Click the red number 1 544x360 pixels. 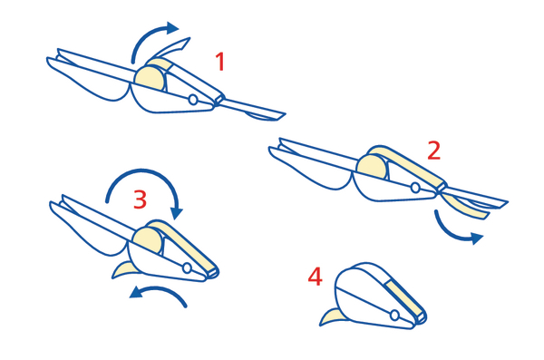(220, 62)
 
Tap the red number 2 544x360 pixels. (434, 151)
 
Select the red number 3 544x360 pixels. (141, 199)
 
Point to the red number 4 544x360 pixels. (315, 277)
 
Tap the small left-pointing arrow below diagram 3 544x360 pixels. (160, 289)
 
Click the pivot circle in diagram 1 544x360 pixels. (193, 100)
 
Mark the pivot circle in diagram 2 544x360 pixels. (415, 188)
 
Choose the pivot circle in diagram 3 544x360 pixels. (187, 268)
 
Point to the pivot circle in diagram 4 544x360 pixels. (394, 316)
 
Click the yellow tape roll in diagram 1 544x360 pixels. (150, 79)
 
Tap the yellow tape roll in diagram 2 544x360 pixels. (372, 167)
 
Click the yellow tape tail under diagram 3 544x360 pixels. (123, 270)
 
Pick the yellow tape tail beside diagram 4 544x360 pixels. (331, 317)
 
